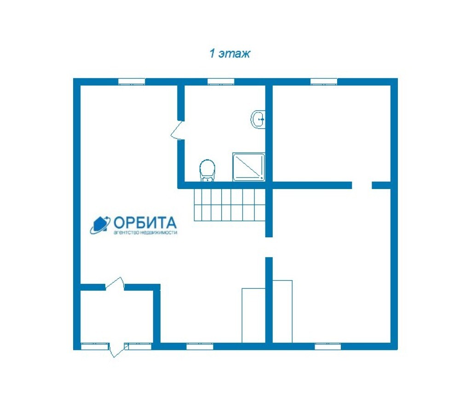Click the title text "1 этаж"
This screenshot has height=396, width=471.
click(x=230, y=53)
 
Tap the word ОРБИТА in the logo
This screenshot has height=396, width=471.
click(x=145, y=223)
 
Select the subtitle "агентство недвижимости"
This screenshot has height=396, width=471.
click(x=145, y=233)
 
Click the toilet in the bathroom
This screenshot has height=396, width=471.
click(x=207, y=171)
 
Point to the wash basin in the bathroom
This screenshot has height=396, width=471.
click(x=258, y=119)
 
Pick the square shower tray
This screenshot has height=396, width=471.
click(x=249, y=167)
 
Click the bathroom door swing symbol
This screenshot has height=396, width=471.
click(x=177, y=130)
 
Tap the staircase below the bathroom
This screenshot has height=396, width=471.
click(x=230, y=205)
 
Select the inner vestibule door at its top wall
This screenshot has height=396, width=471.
click(x=115, y=284)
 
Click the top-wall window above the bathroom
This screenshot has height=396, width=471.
click(x=221, y=82)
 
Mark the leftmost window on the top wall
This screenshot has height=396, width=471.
click(x=132, y=82)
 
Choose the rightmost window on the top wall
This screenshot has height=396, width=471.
click(x=323, y=82)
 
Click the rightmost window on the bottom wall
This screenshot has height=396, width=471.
click(x=327, y=347)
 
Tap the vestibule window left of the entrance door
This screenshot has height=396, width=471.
click(x=95, y=347)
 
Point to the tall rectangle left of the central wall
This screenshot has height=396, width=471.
click(x=253, y=316)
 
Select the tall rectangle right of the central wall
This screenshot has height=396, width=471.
click(x=282, y=311)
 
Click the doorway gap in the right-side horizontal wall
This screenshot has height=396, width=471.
click(x=362, y=185)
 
